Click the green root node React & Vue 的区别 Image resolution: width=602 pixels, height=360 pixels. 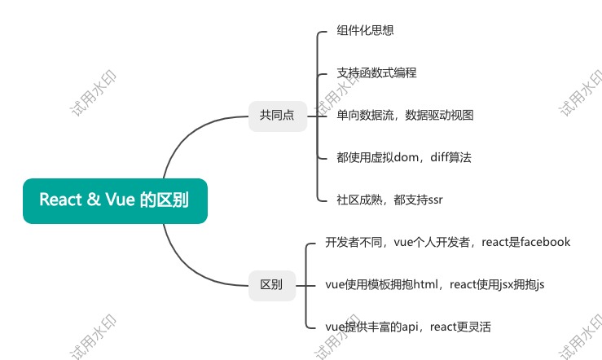click(x=115, y=200)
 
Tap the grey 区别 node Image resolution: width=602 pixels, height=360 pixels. click(x=271, y=285)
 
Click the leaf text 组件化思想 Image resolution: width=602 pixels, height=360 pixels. click(x=366, y=31)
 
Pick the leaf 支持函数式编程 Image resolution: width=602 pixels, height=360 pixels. click(x=376, y=73)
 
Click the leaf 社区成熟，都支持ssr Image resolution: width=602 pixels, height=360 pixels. click(x=389, y=200)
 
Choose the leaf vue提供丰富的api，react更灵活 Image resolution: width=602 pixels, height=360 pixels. click(x=408, y=327)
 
